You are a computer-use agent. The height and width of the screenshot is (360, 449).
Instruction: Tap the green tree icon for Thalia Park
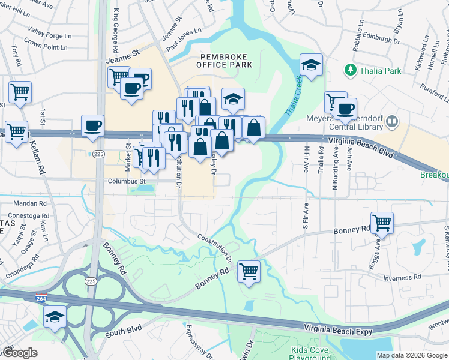pos(350,71)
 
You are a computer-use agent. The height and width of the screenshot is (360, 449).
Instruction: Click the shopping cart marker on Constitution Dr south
pos(249,271)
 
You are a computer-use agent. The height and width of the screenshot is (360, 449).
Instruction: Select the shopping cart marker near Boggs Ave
pos(382,223)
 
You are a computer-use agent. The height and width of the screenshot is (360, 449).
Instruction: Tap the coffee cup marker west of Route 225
pos(92,125)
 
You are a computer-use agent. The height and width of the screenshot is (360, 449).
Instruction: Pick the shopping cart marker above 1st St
pos(20,93)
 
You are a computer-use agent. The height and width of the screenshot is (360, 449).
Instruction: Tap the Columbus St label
pos(127,181)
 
